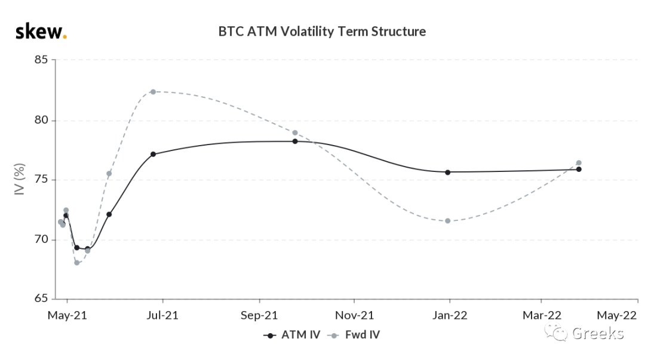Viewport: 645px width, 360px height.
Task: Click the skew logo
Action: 41,32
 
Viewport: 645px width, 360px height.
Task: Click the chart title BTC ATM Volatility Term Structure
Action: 322,32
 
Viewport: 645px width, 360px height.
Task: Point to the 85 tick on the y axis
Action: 41,60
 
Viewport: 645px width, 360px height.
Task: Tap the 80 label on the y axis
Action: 41,120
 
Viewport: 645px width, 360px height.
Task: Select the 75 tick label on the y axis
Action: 41,180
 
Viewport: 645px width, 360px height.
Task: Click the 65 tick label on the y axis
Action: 41,298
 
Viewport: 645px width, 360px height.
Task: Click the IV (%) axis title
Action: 19,179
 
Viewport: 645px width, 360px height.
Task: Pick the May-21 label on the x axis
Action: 67,316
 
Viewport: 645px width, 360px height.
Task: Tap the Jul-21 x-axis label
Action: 162,316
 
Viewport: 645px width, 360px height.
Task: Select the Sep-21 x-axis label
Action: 259,316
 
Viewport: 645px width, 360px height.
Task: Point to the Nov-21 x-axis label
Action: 354,316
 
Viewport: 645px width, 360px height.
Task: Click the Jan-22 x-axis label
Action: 450,316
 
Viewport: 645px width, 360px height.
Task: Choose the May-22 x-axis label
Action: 616,316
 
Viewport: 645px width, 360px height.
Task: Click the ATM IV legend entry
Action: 292,335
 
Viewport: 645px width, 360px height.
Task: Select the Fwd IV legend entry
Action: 354,335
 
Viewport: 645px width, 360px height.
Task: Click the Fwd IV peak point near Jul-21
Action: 153,92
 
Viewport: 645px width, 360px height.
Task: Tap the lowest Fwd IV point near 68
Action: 77,263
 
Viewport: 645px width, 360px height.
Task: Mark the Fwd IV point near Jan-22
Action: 447,221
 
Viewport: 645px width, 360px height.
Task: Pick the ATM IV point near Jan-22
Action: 447,173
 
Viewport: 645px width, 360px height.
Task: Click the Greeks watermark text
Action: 598,333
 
